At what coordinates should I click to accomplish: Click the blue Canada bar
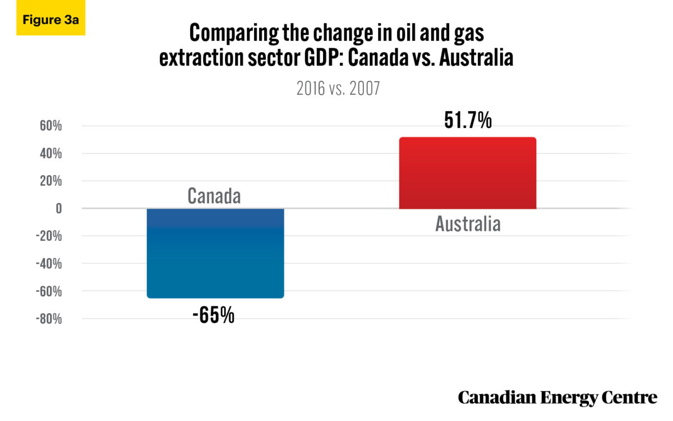(x=215, y=253)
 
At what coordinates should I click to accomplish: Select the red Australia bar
(x=467, y=173)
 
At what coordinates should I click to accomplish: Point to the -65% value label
(x=213, y=315)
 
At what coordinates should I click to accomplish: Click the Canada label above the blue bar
(x=214, y=196)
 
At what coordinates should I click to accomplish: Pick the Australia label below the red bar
(x=468, y=224)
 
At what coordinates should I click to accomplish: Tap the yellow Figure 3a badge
(x=50, y=19)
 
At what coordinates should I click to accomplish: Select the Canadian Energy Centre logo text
(x=557, y=397)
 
